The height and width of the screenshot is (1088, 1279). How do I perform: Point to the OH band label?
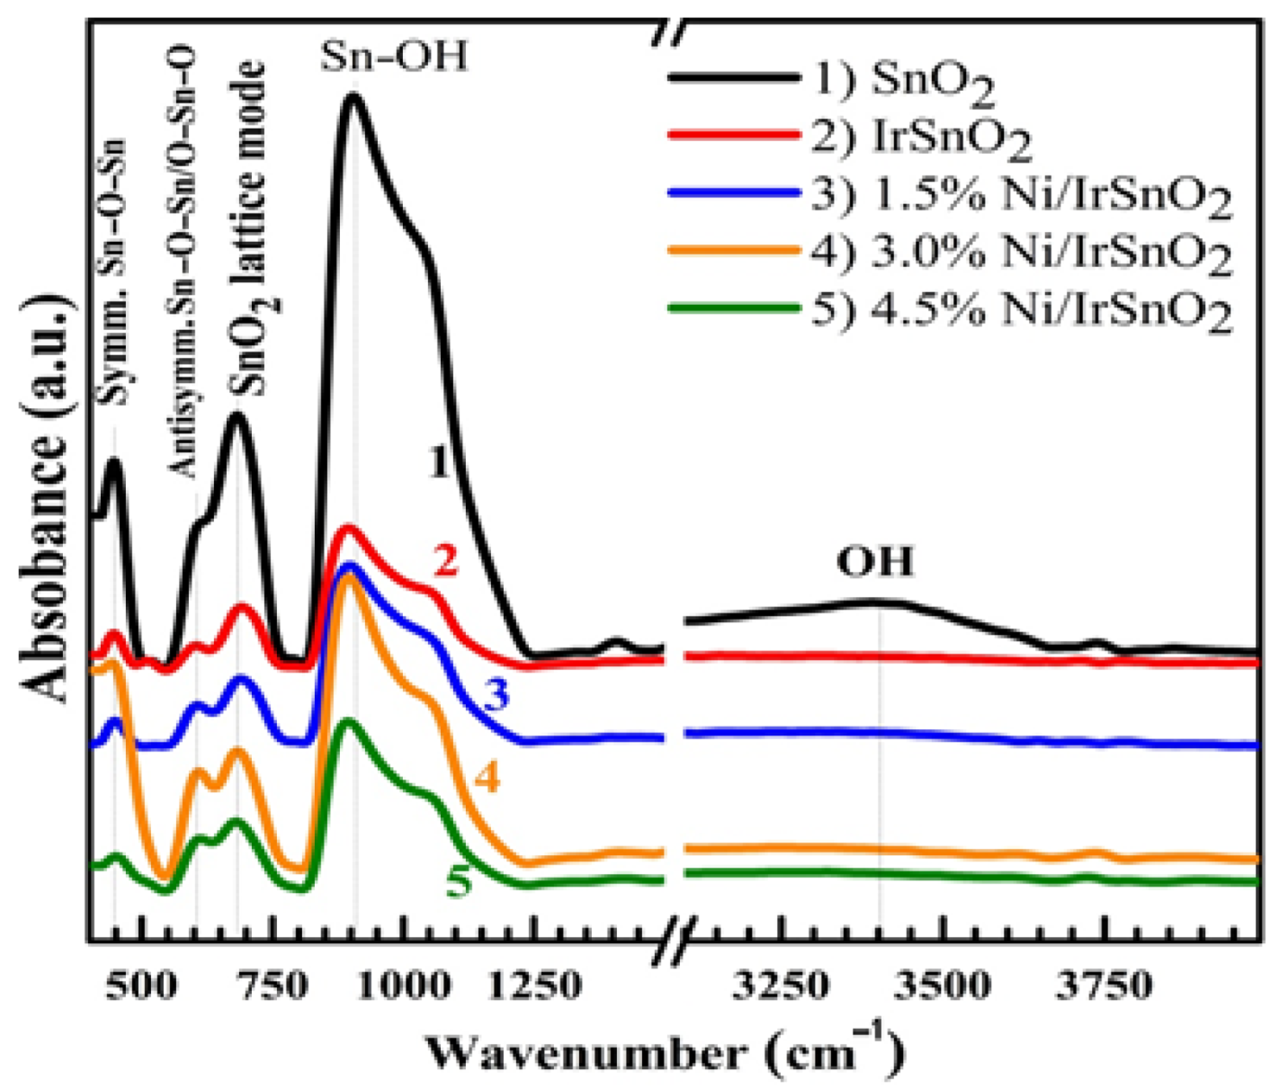[x=875, y=562]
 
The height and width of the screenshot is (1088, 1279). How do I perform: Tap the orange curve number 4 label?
[x=487, y=778]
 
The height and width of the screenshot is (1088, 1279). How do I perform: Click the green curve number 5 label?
[x=459, y=882]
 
